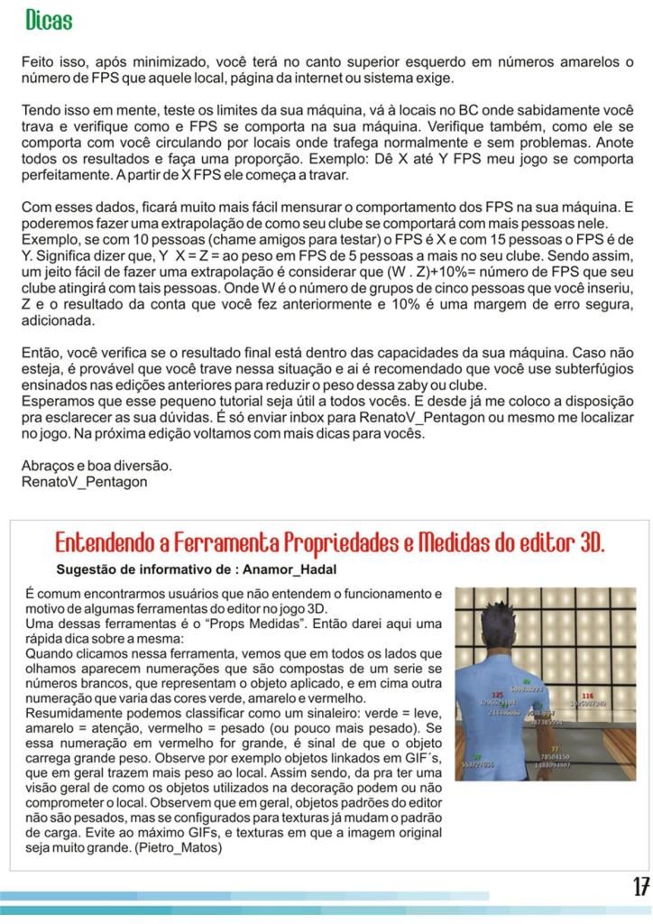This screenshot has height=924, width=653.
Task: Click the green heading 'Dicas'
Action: coord(49,20)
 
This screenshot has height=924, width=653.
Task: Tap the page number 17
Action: coord(640,887)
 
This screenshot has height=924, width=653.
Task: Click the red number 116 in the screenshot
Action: coord(587,696)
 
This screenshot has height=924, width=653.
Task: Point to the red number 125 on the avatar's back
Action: coord(497,695)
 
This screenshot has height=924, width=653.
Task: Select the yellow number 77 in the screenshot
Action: coord(554,748)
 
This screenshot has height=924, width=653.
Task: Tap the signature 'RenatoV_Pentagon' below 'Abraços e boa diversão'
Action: coord(84,482)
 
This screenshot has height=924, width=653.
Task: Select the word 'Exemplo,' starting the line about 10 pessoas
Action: coord(51,239)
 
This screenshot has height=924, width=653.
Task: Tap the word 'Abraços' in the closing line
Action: coord(48,466)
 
